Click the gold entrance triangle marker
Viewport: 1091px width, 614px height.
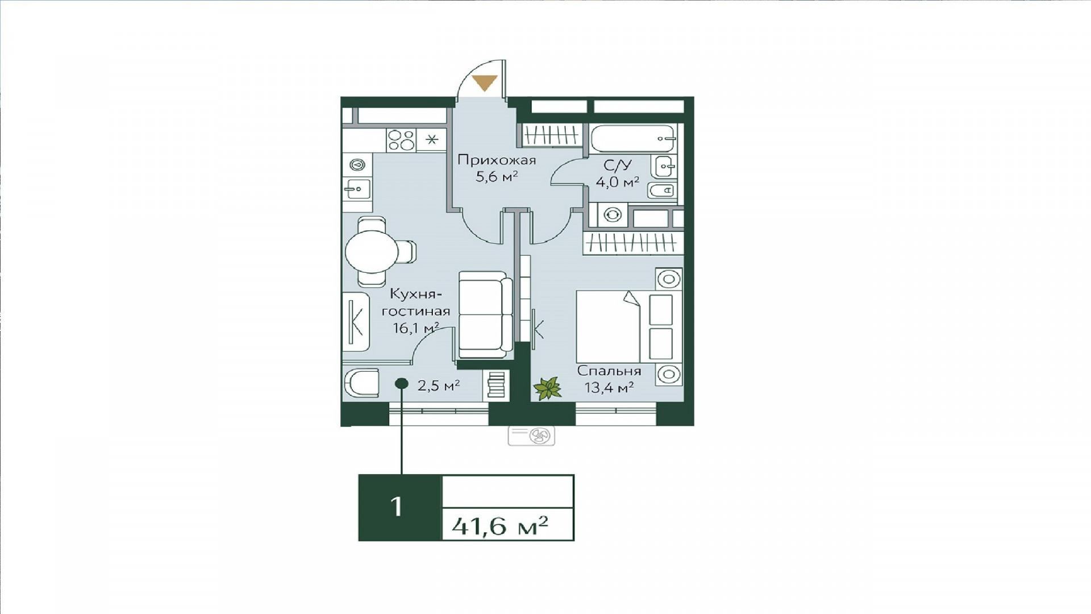click(x=485, y=82)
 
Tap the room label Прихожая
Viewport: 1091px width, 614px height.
click(x=497, y=160)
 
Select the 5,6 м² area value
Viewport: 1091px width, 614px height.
click(x=497, y=177)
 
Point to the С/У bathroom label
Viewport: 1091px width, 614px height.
click(x=618, y=165)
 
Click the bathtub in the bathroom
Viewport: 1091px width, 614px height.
click(x=632, y=139)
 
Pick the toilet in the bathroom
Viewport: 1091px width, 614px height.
click(x=661, y=190)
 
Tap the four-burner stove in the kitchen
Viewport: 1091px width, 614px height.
click(x=401, y=140)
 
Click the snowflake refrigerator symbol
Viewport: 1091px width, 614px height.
click(x=431, y=140)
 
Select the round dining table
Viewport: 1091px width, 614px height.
click(x=372, y=252)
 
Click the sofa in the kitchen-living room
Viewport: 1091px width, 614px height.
click(x=485, y=314)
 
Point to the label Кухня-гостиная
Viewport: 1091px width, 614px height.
click(x=416, y=302)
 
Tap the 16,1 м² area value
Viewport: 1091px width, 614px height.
click(x=416, y=328)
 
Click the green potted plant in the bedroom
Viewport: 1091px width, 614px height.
click(x=547, y=389)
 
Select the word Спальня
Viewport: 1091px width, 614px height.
click(x=609, y=371)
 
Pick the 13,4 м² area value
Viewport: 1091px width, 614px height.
click(x=609, y=388)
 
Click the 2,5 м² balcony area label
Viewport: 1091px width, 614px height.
click(x=439, y=385)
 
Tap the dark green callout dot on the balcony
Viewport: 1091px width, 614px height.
click(x=401, y=384)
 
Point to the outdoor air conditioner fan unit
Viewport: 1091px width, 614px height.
click(x=531, y=436)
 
